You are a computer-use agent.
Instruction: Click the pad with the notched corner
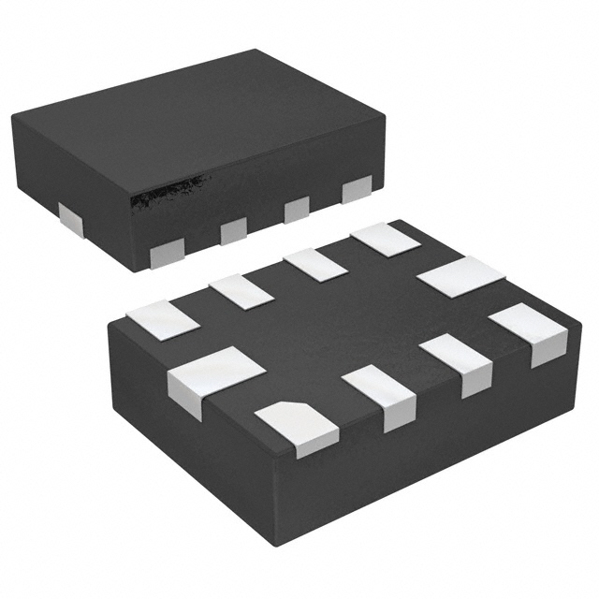[296, 426]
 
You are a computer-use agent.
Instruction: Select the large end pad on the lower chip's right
[460, 277]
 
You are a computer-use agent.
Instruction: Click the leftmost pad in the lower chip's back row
[164, 319]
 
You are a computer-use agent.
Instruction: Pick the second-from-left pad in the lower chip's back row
[241, 291]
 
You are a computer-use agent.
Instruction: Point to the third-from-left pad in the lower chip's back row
[315, 264]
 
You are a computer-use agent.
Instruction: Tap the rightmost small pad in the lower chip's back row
[386, 239]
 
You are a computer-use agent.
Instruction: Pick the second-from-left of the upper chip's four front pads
[233, 229]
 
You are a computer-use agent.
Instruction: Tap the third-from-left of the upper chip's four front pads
[297, 209]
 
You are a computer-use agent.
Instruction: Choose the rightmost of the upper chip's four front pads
[357, 189]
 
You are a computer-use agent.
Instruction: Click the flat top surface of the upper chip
[197, 117]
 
